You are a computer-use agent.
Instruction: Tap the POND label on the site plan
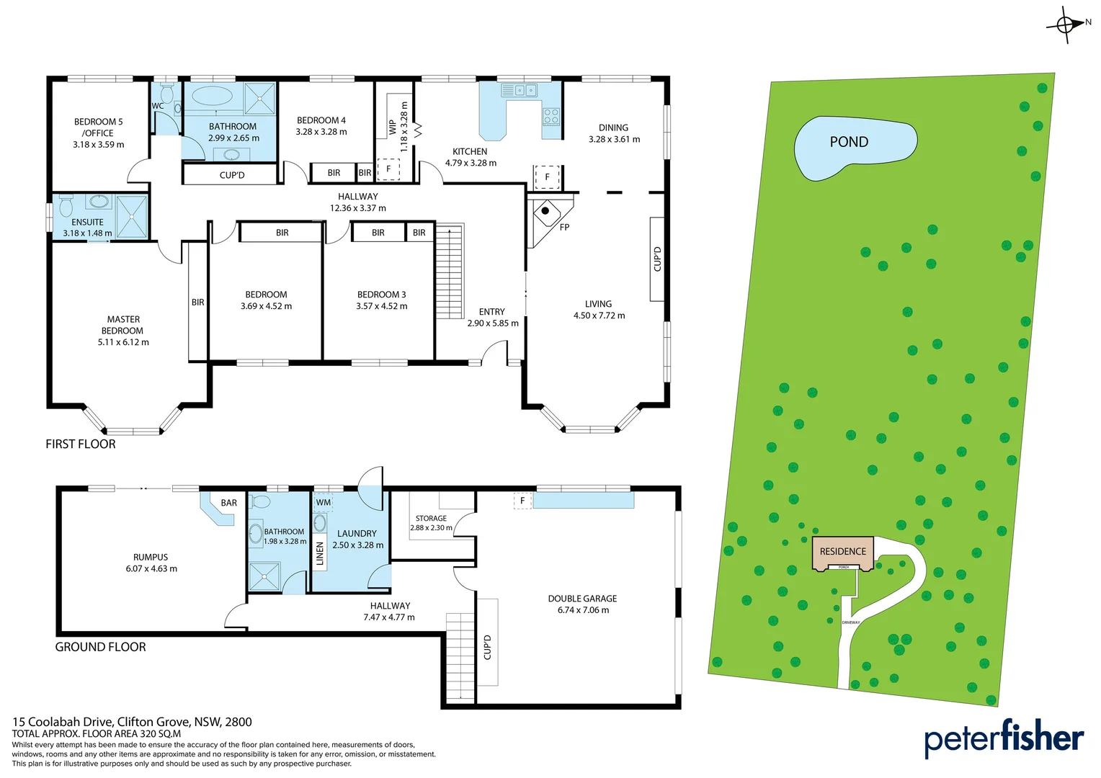pyautogui.click(x=849, y=142)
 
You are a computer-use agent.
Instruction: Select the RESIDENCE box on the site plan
pyautogui.click(x=842, y=552)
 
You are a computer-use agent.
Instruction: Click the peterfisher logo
pyautogui.click(x=1004, y=738)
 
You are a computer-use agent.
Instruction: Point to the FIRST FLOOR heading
pyautogui.click(x=81, y=444)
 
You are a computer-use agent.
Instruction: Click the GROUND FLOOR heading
pyautogui.click(x=100, y=647)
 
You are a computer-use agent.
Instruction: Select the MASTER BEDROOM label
pyautogui.click(x=123, y=325)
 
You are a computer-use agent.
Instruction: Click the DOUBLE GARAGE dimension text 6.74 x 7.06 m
pyautogui.click(x=583, y=610)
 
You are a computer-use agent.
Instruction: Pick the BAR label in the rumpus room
pyautogui.click(x=229, y=503)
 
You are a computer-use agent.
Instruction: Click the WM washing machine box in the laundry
pyautogui.click(x=324, y=502)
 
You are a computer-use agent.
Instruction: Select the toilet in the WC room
pyautogui.click(x=167, y=94)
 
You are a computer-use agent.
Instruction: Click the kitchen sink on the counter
pyautogui.click(x=520, y=91)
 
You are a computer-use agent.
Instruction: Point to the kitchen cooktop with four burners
pyautogui.click(x=551, y=117)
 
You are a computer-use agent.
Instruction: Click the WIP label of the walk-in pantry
pyautogui.click(x=392, y=127)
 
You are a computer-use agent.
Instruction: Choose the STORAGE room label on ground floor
pyautogui.click(x=431, y=519)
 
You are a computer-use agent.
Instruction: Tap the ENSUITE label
pyautogui.click(x=87, y=223)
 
